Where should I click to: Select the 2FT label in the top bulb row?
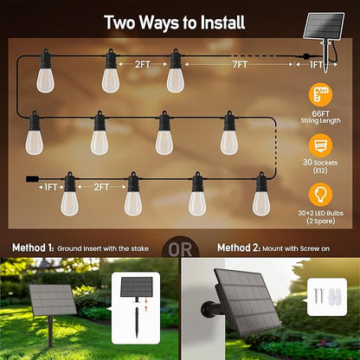pyautogui.click(x=144, y=64)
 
